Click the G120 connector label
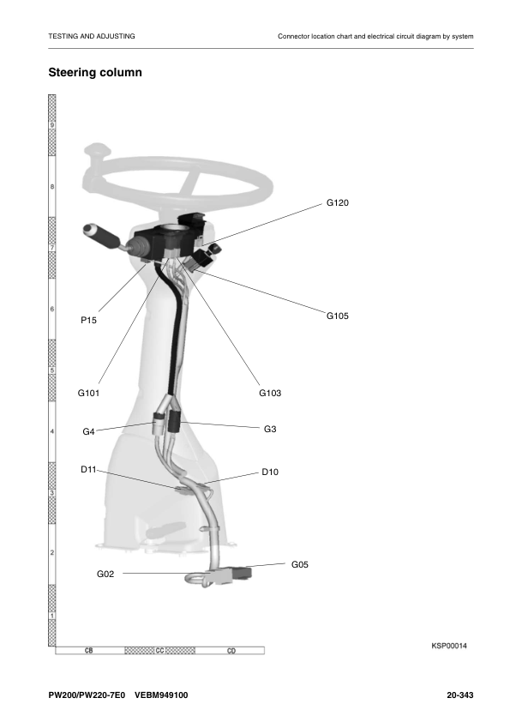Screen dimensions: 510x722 (x=338, y=202)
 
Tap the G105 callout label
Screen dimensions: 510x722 (x=338, y=316)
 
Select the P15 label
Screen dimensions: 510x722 (x=88, y=320)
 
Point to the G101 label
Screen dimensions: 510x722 (x=88, y=393)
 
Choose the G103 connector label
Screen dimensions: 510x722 (x=270, y=393)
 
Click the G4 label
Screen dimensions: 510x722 (x=88, y=431)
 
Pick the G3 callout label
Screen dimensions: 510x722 (x=270, y=429)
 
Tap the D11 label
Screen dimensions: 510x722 (x=88, y=469)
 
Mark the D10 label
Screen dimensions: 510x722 (x=270, y=472)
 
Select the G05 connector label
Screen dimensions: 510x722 (x=300, y=564)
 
